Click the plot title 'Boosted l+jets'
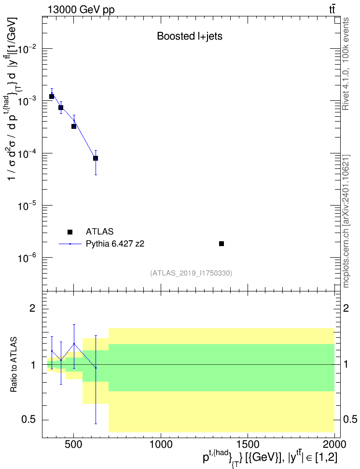click(x=190, y=36)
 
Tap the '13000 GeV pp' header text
click(x=81, y=10)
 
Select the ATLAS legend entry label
click(x=99, y=232)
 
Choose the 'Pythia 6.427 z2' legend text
click(x=115, y=244)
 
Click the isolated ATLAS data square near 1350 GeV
click(x=222, y=244)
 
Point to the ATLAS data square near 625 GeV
click(x=96, y=158)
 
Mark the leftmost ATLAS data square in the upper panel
click(x=52, y=97)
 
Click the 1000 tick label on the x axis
click(x=161, y=444)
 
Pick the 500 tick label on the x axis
click(x=74, y=444)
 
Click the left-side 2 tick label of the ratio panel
click(x=32, y=308)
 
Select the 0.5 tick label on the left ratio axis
click(x=29, y=420)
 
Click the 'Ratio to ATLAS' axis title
click(x=14, y=364)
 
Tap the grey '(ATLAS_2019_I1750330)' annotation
click(x=191, y=273)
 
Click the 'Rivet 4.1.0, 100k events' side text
click(x=346, y=64)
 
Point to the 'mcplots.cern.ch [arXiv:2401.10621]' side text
click(x=346, y=221)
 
